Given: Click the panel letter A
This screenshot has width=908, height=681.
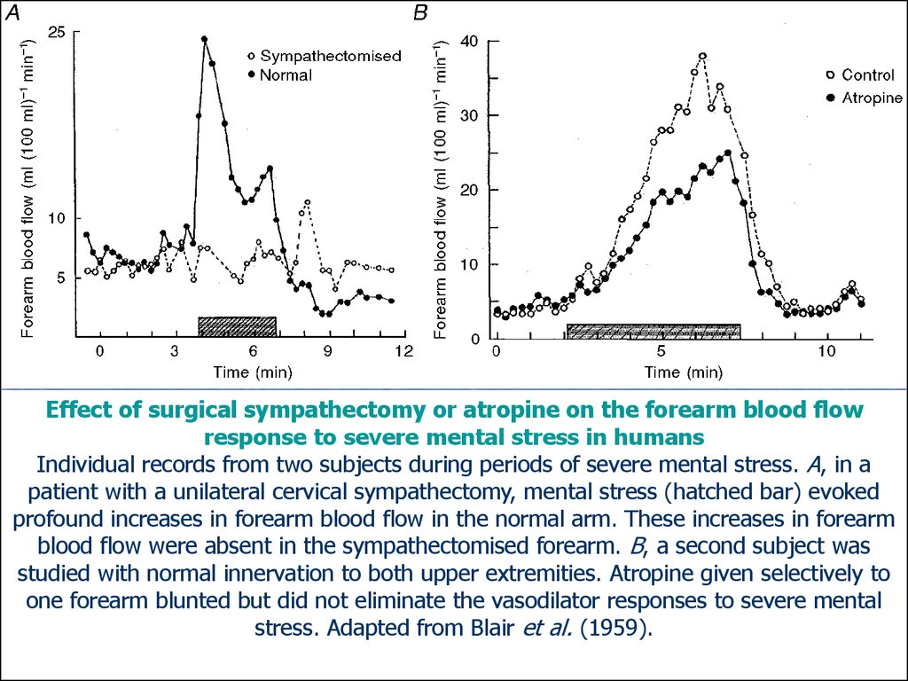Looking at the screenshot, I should point(12,12).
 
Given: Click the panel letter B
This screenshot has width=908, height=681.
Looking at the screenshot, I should point(420,12).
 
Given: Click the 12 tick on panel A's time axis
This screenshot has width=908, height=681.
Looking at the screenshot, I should point(403,352).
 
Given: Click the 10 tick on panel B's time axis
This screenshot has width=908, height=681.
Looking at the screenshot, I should point(826,352).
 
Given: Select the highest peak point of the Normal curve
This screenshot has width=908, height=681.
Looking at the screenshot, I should point(205,39).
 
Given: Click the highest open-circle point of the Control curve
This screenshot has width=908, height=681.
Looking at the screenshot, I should point(702,56).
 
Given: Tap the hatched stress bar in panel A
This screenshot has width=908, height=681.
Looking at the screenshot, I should point(237,324).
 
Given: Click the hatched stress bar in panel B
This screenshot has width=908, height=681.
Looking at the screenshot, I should point(654,331).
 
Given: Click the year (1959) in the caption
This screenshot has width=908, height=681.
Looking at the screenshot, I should point(616,628).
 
